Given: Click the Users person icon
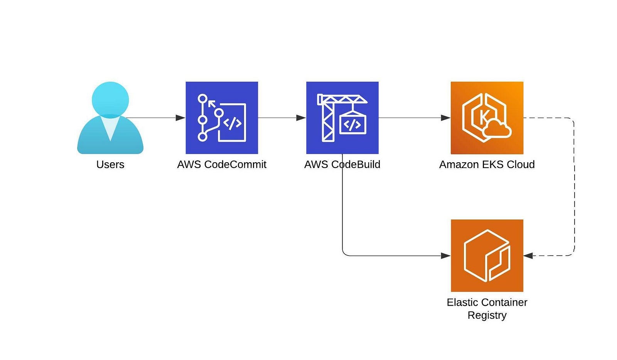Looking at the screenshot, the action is pos(110,118).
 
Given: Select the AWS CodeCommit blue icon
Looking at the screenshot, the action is pos(222,118).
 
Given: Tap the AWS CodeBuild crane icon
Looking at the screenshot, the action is pos(342,118).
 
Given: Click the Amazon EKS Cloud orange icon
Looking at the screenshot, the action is pos(487,118).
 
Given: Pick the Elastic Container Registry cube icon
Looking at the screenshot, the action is pos(487,256).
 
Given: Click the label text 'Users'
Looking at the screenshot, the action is pos(110,165).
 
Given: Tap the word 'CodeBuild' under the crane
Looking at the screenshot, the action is pos(356,165).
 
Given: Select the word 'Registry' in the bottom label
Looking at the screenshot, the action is pos(487,315).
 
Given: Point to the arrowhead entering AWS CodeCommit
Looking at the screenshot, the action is pos(180,118).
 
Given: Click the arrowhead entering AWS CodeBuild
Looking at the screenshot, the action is pos(301,118).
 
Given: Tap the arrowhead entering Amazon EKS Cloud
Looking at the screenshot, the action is pos(446,118).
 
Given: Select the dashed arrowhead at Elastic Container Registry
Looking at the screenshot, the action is pos(528,256).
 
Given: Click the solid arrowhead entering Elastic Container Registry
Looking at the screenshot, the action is pos(446,256).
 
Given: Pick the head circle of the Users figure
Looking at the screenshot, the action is pos(110,100).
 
